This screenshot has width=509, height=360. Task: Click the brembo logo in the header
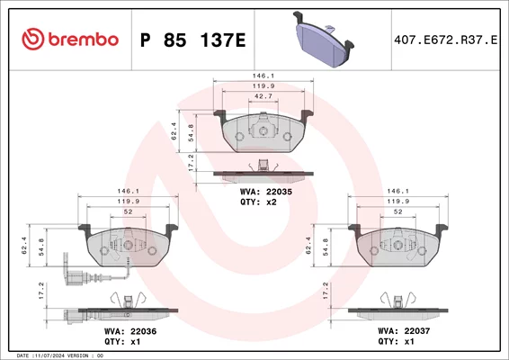point(70,39)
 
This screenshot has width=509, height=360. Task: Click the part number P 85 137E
point(192,40)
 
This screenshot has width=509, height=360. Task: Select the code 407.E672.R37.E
point(445,40)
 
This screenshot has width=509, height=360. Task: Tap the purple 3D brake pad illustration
point(324,40)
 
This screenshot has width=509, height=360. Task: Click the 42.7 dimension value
point(263,96)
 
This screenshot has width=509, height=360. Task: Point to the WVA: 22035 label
point(266,192)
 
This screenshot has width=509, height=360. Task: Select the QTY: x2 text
point(258,202)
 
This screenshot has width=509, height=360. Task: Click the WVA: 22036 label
point(130,331)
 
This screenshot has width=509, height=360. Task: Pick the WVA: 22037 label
point(404,331)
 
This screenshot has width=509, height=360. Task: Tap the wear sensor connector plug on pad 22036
point(76,278)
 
